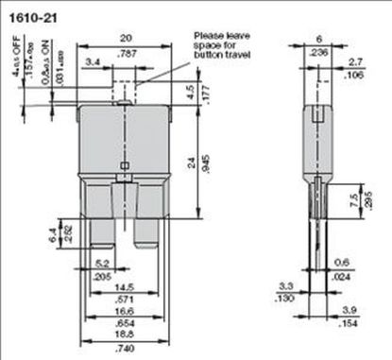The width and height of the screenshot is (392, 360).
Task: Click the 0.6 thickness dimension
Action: (343, 264)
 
